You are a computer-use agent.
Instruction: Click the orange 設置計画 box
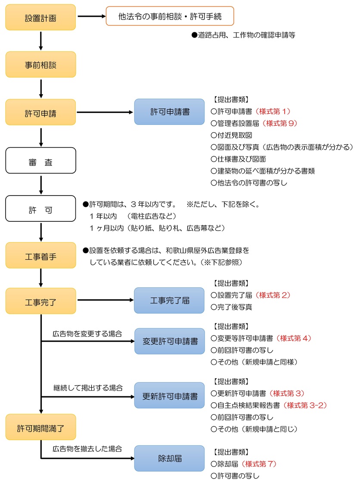(x=41, y=17)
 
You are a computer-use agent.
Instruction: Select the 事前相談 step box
(x=41, y=65)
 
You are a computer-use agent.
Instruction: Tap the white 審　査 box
(x=41, y=160)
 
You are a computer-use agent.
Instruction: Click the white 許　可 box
(x=41, y=209)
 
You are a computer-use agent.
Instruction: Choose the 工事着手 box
(x=41, y=255)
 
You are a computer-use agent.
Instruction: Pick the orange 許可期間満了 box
(x=41, y=427)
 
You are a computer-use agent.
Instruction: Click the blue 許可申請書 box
(x=169, y=112)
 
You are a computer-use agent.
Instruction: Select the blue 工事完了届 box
(x=169, y=300)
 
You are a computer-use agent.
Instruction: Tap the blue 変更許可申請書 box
(x=169, y=341)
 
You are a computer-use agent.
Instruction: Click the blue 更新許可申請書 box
(x=169, y=395)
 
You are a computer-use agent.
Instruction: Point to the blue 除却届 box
(x=169, y=458)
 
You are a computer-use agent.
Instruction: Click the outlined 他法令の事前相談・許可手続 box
(x=170, y=16)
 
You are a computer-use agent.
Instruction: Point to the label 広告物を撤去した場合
(x=87, y=448)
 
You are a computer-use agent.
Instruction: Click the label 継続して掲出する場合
(x=88, y=388)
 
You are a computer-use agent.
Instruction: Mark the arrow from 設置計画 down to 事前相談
(x=41, y=40)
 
